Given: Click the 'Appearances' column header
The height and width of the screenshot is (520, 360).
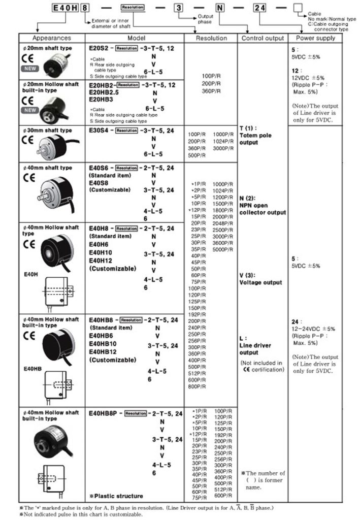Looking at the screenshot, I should [x=51, y=38].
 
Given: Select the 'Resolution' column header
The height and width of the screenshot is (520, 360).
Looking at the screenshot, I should [x=211, y=38].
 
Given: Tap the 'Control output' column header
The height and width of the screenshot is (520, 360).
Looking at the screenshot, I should [x=262, y=38].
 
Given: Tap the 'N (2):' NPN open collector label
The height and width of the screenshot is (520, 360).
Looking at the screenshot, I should [x=248, y=198].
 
